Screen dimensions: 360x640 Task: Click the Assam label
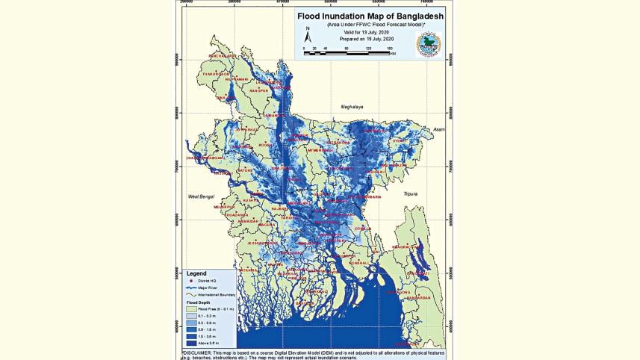click(x=438, y=129)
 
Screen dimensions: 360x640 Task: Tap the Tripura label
click(x=410, y=193)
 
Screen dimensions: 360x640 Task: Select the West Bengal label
click(x=201, y=196)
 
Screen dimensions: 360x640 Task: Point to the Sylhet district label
click(x=401, y=140)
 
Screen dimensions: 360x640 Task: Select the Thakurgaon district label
click(x=214, y=74)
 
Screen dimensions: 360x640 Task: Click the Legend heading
click(x=196, y=273)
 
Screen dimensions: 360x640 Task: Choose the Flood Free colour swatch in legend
click(x=192, y=308)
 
